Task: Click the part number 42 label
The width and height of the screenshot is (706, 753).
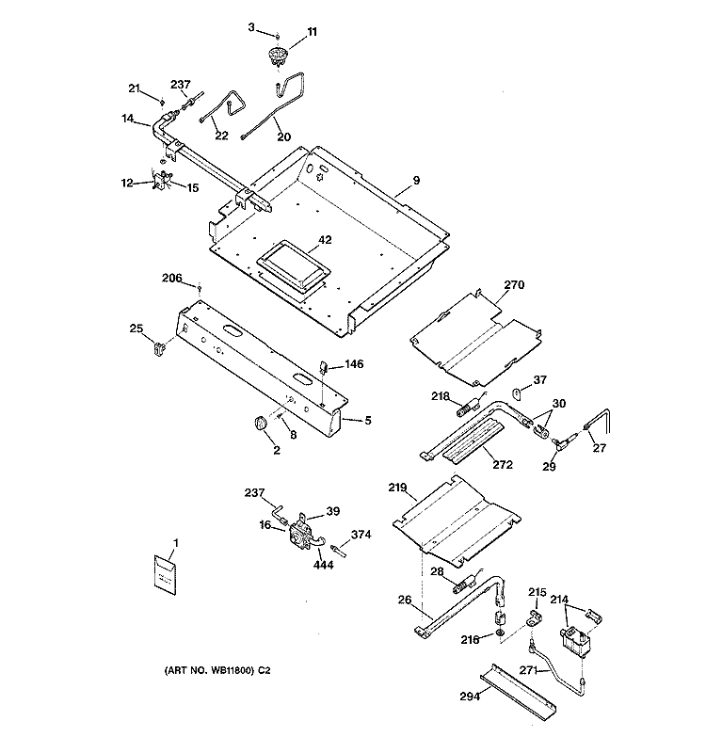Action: pos(325,240)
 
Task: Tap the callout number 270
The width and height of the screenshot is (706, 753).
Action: pos(514,285)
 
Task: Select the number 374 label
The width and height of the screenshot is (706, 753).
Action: pos(361,535)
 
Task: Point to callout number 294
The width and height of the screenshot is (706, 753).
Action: pos(470,696)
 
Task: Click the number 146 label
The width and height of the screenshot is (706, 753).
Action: pos(354,364)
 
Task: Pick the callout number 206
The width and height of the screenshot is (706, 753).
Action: pos(171,278)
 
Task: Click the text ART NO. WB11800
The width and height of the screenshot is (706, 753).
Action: pos(209,670)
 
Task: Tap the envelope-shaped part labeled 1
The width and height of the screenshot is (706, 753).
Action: pos(165,575)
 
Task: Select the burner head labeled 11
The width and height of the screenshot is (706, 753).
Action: pos(277,56)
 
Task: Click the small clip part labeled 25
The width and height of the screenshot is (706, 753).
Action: pos(157,347)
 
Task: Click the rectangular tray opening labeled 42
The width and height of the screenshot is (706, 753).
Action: pos(294,266)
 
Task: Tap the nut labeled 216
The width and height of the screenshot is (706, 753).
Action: pos(501,633)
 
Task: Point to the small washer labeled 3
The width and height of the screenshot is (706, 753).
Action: pos(277,36)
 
